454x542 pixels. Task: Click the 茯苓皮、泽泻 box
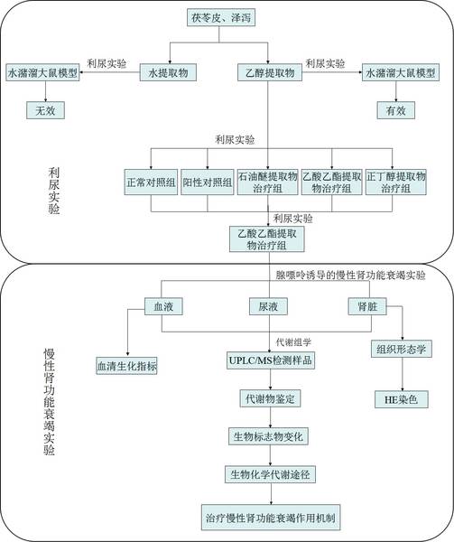(221, 18)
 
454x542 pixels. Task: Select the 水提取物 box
(168, 72)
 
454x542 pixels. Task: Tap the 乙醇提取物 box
(270, 72)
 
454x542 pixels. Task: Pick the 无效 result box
(45, 110)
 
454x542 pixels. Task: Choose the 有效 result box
(395, 110)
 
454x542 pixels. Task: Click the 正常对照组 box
(151, 182)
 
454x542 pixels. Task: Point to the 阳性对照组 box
(208, 182)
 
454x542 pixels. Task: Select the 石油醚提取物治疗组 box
(267, 182)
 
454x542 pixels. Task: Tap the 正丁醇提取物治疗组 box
(396, 182)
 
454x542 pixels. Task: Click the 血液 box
(163, 306)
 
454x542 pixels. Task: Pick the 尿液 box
(268, 306)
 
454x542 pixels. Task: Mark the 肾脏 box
(367, 306)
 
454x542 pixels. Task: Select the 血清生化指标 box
(126, 366)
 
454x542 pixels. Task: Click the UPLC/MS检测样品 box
(271, 360)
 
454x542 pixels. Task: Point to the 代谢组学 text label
(293, 342)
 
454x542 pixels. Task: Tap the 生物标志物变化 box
(268, 436)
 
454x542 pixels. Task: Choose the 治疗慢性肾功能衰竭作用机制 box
(271, 518)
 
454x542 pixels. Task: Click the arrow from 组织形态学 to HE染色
(402, 374)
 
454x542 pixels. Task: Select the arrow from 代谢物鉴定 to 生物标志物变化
(271, 417)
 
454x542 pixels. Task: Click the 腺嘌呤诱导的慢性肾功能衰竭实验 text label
(350, 276)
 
